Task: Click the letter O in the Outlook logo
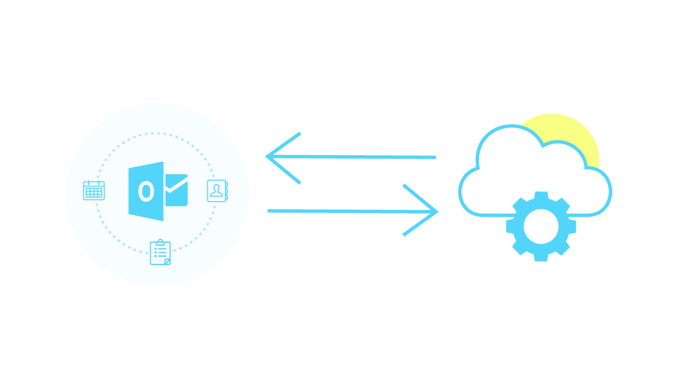click(x=146, y=191)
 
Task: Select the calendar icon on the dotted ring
click(x=93, y=190)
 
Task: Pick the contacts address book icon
click(x=217, y=191)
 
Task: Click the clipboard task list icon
click(x=160, y=253)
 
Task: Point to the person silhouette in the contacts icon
click(x=216, y=190)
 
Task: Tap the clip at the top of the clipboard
click(x=160, y=242)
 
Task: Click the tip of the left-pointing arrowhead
click(x=267, y=156)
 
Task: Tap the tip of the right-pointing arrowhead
click(x=437, y=211)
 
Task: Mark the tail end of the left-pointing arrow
click(x=435, y=157)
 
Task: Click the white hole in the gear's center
click(x=541, y=227)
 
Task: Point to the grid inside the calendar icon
click(x=93, y=193)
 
